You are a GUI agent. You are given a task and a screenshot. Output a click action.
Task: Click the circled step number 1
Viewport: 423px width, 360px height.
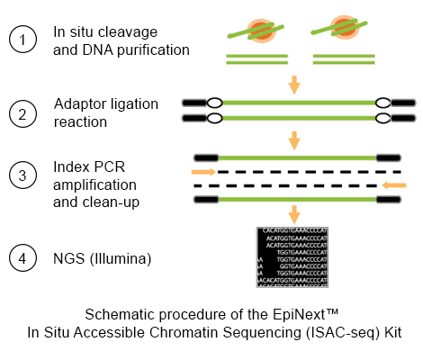coord(22,40)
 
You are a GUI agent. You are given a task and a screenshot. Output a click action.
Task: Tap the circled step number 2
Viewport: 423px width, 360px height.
coord(22,112)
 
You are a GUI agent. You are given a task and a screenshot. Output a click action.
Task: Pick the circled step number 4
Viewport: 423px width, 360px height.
coord(22,259)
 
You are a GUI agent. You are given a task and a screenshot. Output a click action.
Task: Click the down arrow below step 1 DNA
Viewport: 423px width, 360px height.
coord(293,85)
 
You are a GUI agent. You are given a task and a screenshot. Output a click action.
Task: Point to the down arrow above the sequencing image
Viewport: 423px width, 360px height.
coord(293,214)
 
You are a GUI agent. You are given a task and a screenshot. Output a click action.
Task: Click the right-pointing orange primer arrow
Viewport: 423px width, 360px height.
coord(203,170)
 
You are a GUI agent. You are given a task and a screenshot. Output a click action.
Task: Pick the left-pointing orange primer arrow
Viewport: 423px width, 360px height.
coord(394,184)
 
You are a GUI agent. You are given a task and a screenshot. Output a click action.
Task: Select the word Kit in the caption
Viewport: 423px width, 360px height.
coord(387,331)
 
